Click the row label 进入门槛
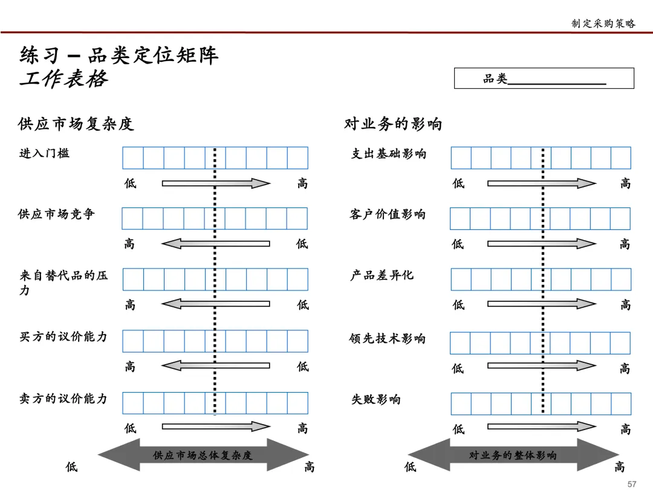click(x=44, y=153)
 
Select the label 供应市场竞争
click(x=56, y=214)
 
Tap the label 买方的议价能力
click(x=63, y=336)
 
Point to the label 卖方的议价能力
click(x=63, y=399)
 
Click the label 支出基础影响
click(x=389, y=154)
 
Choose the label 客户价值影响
click(x=388, y=215)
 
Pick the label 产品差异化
click(x=382, y=275)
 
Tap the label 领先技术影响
click(x=388, y=339)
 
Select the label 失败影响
click(x=376, y=399)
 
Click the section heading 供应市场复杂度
click(x=76, y=124)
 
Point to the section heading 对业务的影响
click(x=393, y=124)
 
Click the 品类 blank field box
click(x=544, y=79)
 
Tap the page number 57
click(x=632, y=483)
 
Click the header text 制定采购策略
click(x=603, y=24)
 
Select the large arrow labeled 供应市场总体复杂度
click(x=203, y=455)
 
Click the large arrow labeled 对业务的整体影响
click(x=513, y=455)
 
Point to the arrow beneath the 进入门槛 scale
click(x=215, y=183)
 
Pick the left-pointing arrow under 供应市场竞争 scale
click(x=215, y=244)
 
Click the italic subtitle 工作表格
click(x=63, y=79)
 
